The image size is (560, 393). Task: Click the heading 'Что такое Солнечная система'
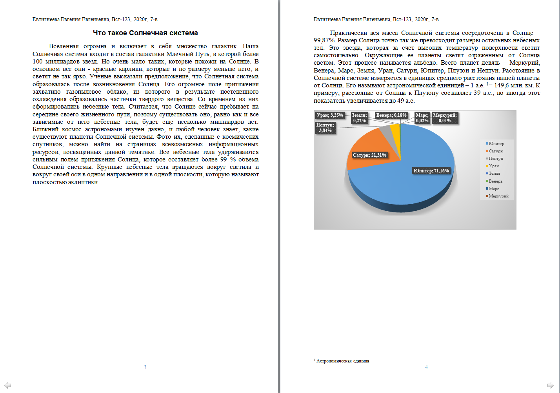pyautogui.click(x=145, y=33)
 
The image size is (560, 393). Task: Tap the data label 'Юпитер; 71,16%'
pyautogui.click(x=431, y=171)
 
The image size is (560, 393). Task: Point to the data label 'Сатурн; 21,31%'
pyautogui.click(x=369, y=155)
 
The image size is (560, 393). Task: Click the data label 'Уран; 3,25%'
pyautogui.click(x=330, y=115)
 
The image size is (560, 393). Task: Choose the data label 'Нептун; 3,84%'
pyautogui.click(x=325, y=128)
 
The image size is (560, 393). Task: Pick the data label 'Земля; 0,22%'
pyautogui.click(x=359, y=118)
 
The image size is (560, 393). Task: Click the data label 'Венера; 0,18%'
pyautogui.click(x=391, y=115)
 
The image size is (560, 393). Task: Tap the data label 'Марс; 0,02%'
pyautogui.click(x=422, y=118)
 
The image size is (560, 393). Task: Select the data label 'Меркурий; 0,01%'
pyautogui.click(x=445, y=118)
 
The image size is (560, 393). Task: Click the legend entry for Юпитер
pyautogui.click(x=496, y=144)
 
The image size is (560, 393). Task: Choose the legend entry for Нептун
pyautogui.click(x=496, y=159)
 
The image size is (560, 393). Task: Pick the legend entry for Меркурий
pyautogui.click(x=498, y=196)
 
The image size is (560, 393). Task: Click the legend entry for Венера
pyautogui.click(x=495, y=181)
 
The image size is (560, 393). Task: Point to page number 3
pyautogui.click(x=145, y=367)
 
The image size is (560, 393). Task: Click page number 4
pyautogui.click(x=426, y=367)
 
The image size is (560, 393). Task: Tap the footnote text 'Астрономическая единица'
pyautogui.click(x=342, y=361)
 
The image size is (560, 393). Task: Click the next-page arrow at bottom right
pyautogui.click(x=551, y=385)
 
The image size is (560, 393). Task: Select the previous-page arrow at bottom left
pyautogui.click(x=7, y=385)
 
